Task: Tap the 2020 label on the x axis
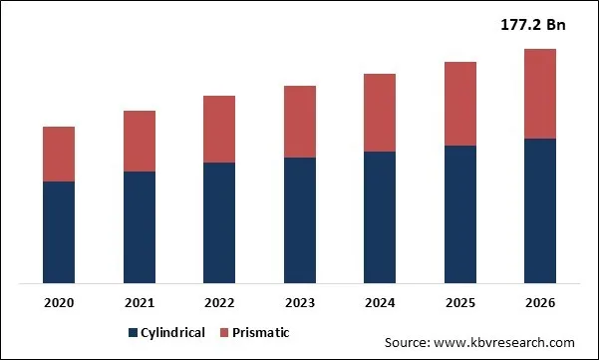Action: point(59,302)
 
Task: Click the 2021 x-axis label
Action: point(140,302)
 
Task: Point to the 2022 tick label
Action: point(219,302)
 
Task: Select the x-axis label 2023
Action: point(300,302)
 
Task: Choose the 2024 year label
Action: point(380,302)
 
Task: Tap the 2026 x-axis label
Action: point(540,302)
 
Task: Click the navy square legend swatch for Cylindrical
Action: point(133,333)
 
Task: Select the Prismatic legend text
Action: point(262,333)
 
